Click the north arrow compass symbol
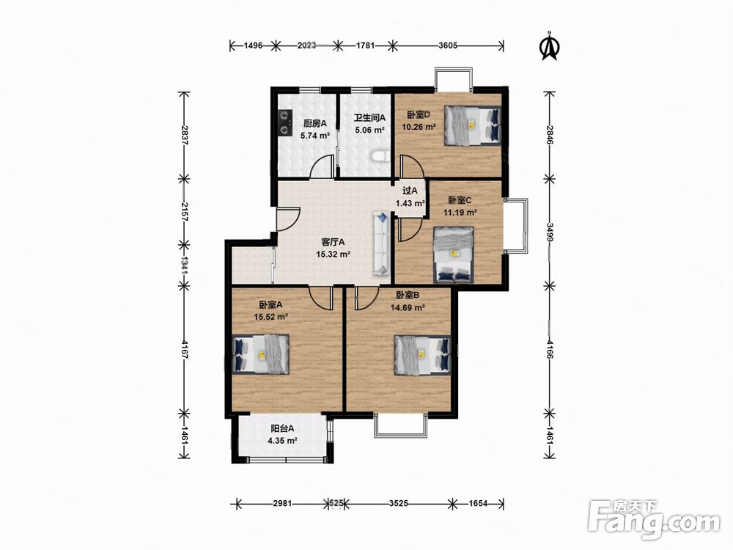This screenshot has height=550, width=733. point(550,46)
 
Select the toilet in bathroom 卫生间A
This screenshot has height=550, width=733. point(380,156)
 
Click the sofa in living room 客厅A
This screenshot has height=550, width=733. point(381,243)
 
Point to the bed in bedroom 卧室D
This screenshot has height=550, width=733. point(473,125)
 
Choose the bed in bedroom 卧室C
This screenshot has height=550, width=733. point(454,255)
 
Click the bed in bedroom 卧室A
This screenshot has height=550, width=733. point(261,354)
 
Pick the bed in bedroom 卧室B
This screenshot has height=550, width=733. point(423,355)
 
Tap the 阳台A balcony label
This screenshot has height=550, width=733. point(282,428)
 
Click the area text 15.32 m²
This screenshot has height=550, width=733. point(334,254)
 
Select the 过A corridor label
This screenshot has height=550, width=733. point(410,191)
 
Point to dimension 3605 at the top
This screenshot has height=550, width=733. point(448,45)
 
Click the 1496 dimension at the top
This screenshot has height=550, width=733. point(253,45)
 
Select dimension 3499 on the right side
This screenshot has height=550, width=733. point(550,231)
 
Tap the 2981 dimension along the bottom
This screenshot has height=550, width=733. point(282,504)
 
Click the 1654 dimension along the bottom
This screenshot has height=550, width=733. point(478,504)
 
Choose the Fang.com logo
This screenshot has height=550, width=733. point(654,519)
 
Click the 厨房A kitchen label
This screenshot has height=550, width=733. point(315,123)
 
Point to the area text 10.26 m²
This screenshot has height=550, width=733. point(419,126)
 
